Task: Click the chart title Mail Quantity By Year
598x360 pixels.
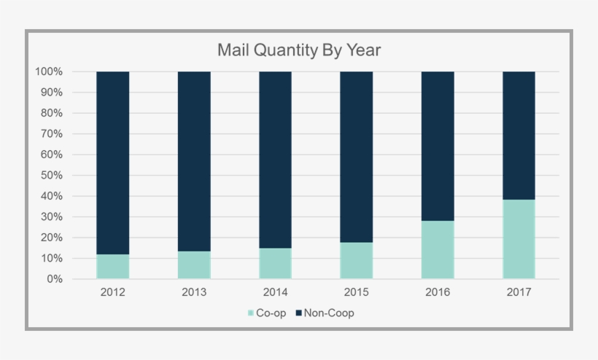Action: pos(299,50)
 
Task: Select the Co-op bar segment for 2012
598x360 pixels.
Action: pos(113,266)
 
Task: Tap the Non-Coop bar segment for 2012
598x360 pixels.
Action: pos(113,163)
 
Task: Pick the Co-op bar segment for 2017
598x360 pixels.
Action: pos(519,239)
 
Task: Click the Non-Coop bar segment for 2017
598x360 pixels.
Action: pos(519,136)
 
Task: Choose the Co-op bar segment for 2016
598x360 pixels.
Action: pos(438,249)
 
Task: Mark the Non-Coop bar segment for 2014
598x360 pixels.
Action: pos(276,160)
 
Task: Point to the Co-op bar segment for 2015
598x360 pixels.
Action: pos(357,260)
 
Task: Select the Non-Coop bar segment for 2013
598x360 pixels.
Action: pos(194,161)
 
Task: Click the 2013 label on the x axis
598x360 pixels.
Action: pos(194,292)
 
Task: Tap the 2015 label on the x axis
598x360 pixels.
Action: pos(357,292)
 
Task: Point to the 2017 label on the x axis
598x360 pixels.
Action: pos(519,292)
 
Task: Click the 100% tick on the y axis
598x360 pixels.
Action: pos(49,71)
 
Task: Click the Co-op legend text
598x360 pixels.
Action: pos(272,313)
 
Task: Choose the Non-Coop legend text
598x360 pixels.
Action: pos(329,313)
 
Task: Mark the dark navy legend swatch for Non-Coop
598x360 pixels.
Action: pos(299,313)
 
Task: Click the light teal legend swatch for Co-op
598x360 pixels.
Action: pos(252,313)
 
